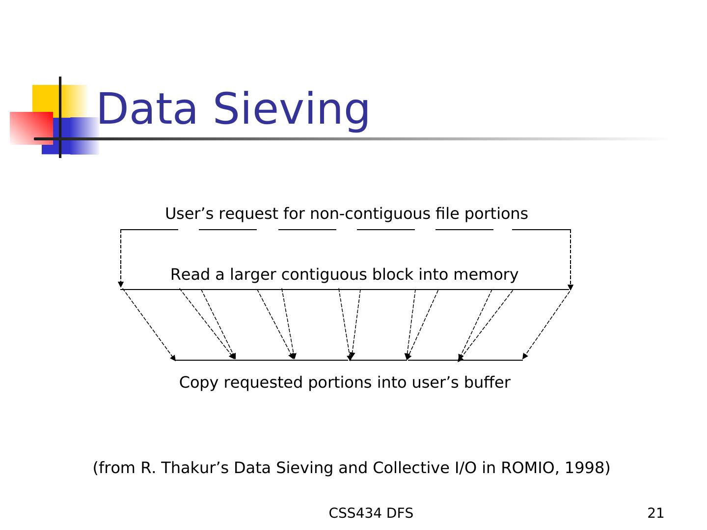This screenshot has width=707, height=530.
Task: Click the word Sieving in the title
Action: tap(291, 109)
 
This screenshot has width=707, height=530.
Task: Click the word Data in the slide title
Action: tap(147, 109)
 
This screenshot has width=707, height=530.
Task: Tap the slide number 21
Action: tap(655, 513)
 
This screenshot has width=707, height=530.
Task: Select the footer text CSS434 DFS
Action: tap(371, 513)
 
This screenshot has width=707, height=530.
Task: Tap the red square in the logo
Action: tap(31, 128)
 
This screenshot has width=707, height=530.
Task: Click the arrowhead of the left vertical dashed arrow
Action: tap(121, 285)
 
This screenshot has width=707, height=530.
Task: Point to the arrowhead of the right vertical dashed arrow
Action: tap(571, 287)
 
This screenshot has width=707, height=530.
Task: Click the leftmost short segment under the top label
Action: tap(149, 230)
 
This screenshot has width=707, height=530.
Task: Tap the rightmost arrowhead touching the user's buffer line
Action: tap(525, 356)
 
